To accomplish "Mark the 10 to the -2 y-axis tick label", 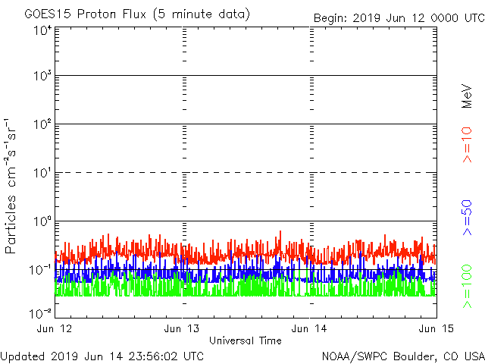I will click(x=40, y=312).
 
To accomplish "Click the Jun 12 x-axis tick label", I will click(x=55, y=328).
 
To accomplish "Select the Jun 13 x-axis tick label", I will click(x=183, y=328).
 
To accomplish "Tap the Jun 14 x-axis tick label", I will click(x=310, y=328).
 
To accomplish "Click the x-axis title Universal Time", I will click(x=245, y=340).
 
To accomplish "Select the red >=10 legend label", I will click(x=467, y=144).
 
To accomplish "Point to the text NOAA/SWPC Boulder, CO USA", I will click(x=402, y=356).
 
